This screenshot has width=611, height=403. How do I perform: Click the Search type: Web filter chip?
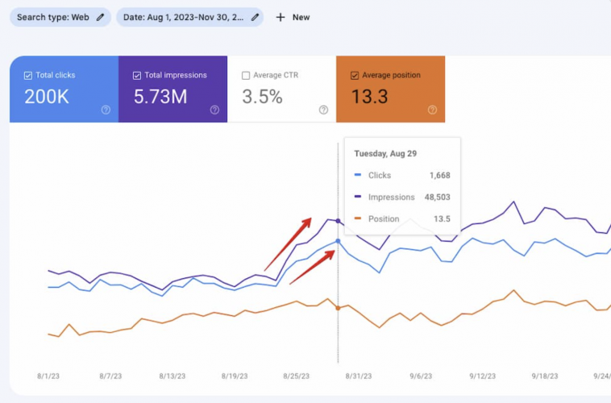click(60, 17)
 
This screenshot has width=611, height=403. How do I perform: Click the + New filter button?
click(293, 17)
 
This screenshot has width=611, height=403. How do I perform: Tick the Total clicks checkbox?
click(28, 76)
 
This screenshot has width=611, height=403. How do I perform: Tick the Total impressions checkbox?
click(137, 76)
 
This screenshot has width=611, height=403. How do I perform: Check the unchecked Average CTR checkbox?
click(246, 76)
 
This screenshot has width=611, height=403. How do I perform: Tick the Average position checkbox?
click(355, 76)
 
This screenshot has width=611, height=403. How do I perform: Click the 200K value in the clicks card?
click(46, 97)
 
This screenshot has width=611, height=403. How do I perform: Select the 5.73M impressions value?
click(160, 97)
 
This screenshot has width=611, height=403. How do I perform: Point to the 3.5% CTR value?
click(262, 97)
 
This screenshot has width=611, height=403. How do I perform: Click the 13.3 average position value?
click(370, 97)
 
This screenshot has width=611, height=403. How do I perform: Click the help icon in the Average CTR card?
click(323, 110)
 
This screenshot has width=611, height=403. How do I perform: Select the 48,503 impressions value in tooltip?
click(434, 197)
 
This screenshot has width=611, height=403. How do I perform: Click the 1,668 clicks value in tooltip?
click(439, 175)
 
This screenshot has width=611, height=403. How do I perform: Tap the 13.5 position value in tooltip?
click(442, 219)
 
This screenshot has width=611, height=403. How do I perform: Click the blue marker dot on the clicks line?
click(338, 241)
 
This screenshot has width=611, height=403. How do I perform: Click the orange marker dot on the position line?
click(338, 308)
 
